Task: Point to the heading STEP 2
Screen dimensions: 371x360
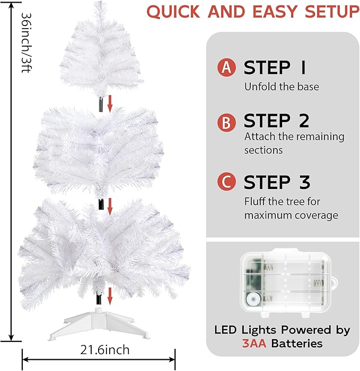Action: pos(276,121)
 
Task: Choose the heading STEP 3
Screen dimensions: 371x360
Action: pos(276,182)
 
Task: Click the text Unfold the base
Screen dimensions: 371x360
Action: pos(282,87)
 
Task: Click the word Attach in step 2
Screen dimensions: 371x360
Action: pos(259,136)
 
